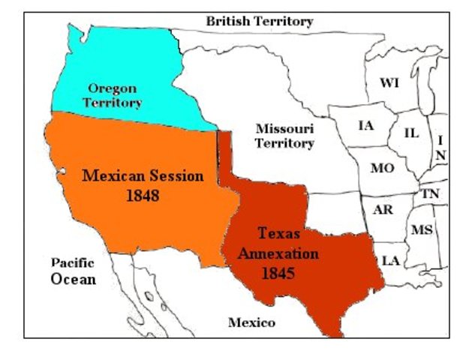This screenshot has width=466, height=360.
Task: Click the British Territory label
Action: pos(260,22)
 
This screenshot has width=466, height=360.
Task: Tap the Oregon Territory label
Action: pos(112,95)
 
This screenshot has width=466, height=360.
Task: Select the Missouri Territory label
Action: pos(284,136)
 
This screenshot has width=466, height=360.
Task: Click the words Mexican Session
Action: pos(143,177)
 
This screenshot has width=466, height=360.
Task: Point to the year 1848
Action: pos(143,196)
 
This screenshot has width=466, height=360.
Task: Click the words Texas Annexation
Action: pos(278,243)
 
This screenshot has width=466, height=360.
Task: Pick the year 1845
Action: pos(278,273)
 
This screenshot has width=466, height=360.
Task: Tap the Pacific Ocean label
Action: pos(73,271)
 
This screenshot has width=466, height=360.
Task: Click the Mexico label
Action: pos(251,323)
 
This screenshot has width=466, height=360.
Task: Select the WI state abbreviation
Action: pos(389,82)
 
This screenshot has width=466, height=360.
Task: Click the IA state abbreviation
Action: pos(365,125)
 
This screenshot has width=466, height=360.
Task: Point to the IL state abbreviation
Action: pos(411,133)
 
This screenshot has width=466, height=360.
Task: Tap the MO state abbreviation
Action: pos(382,168)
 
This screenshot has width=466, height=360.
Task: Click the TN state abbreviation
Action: pos(430,193)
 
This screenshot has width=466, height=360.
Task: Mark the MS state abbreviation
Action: pos(422,229)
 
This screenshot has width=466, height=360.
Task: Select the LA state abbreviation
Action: pos(391,260)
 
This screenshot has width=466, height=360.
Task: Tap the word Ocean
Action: pos(74,279)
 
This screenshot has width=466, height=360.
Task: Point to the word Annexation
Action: pos(278,253)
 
